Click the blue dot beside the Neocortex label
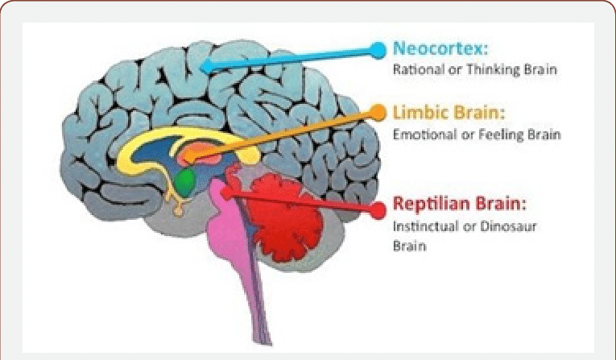click(x=378, y=49)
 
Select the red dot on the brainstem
click(x=228, y=192)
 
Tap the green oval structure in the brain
click(x=184, y=179)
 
